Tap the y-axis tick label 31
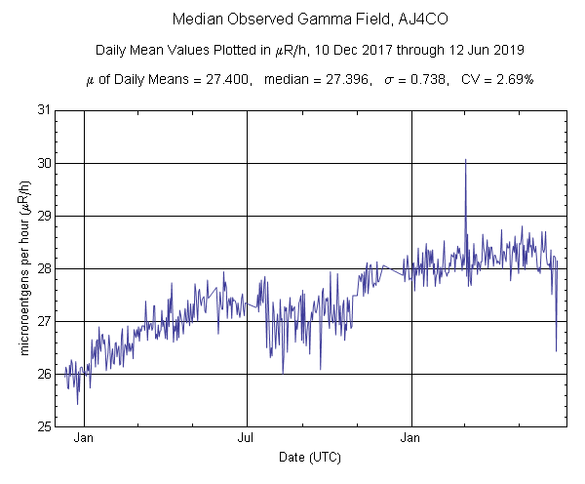point(44,110)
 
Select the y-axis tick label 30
point(44,163)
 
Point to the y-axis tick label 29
point(44,216)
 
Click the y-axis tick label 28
point(44,268)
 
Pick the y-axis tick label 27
point(44,321)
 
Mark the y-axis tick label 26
point(44,374)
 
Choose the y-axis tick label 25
point(44,426)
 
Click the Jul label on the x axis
point(246,438)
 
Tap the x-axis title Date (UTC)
point(310,457)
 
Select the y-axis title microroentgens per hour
point(23,268)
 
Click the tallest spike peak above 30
point(466,160)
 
